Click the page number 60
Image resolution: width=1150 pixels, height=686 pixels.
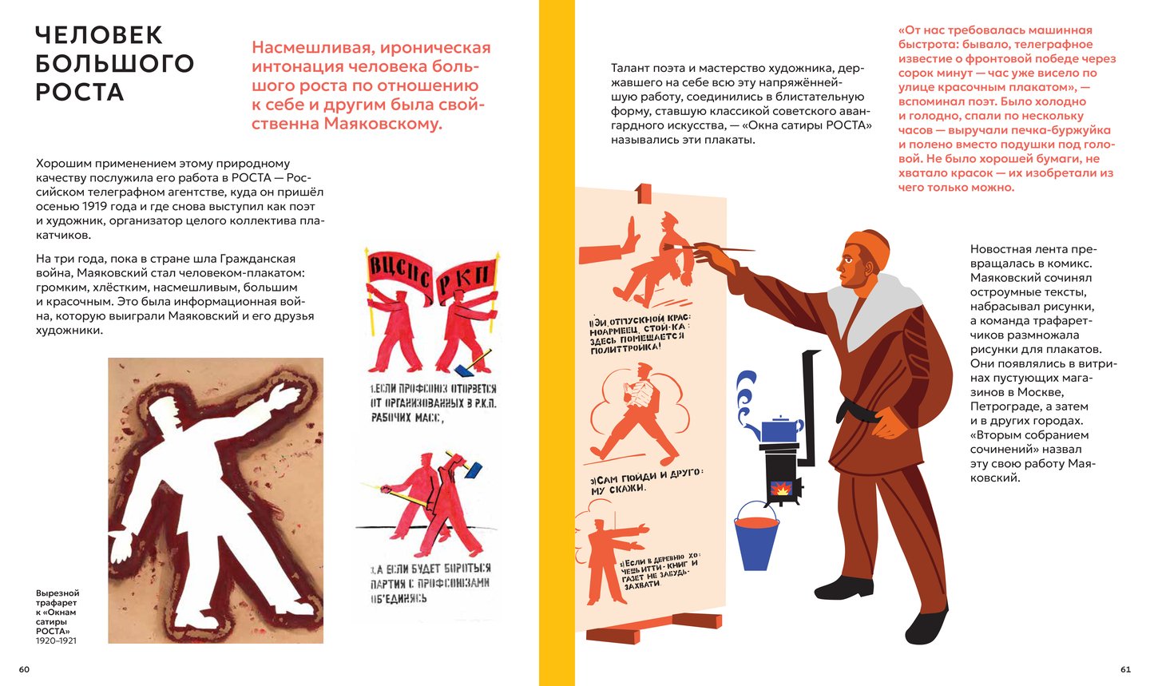(x=24, y=669)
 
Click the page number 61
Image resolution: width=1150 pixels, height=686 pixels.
(x=1125, y=669)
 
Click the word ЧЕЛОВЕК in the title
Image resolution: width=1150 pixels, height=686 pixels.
(x=99, y=35)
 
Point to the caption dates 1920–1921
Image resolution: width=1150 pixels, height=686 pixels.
(x=56, y=640)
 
